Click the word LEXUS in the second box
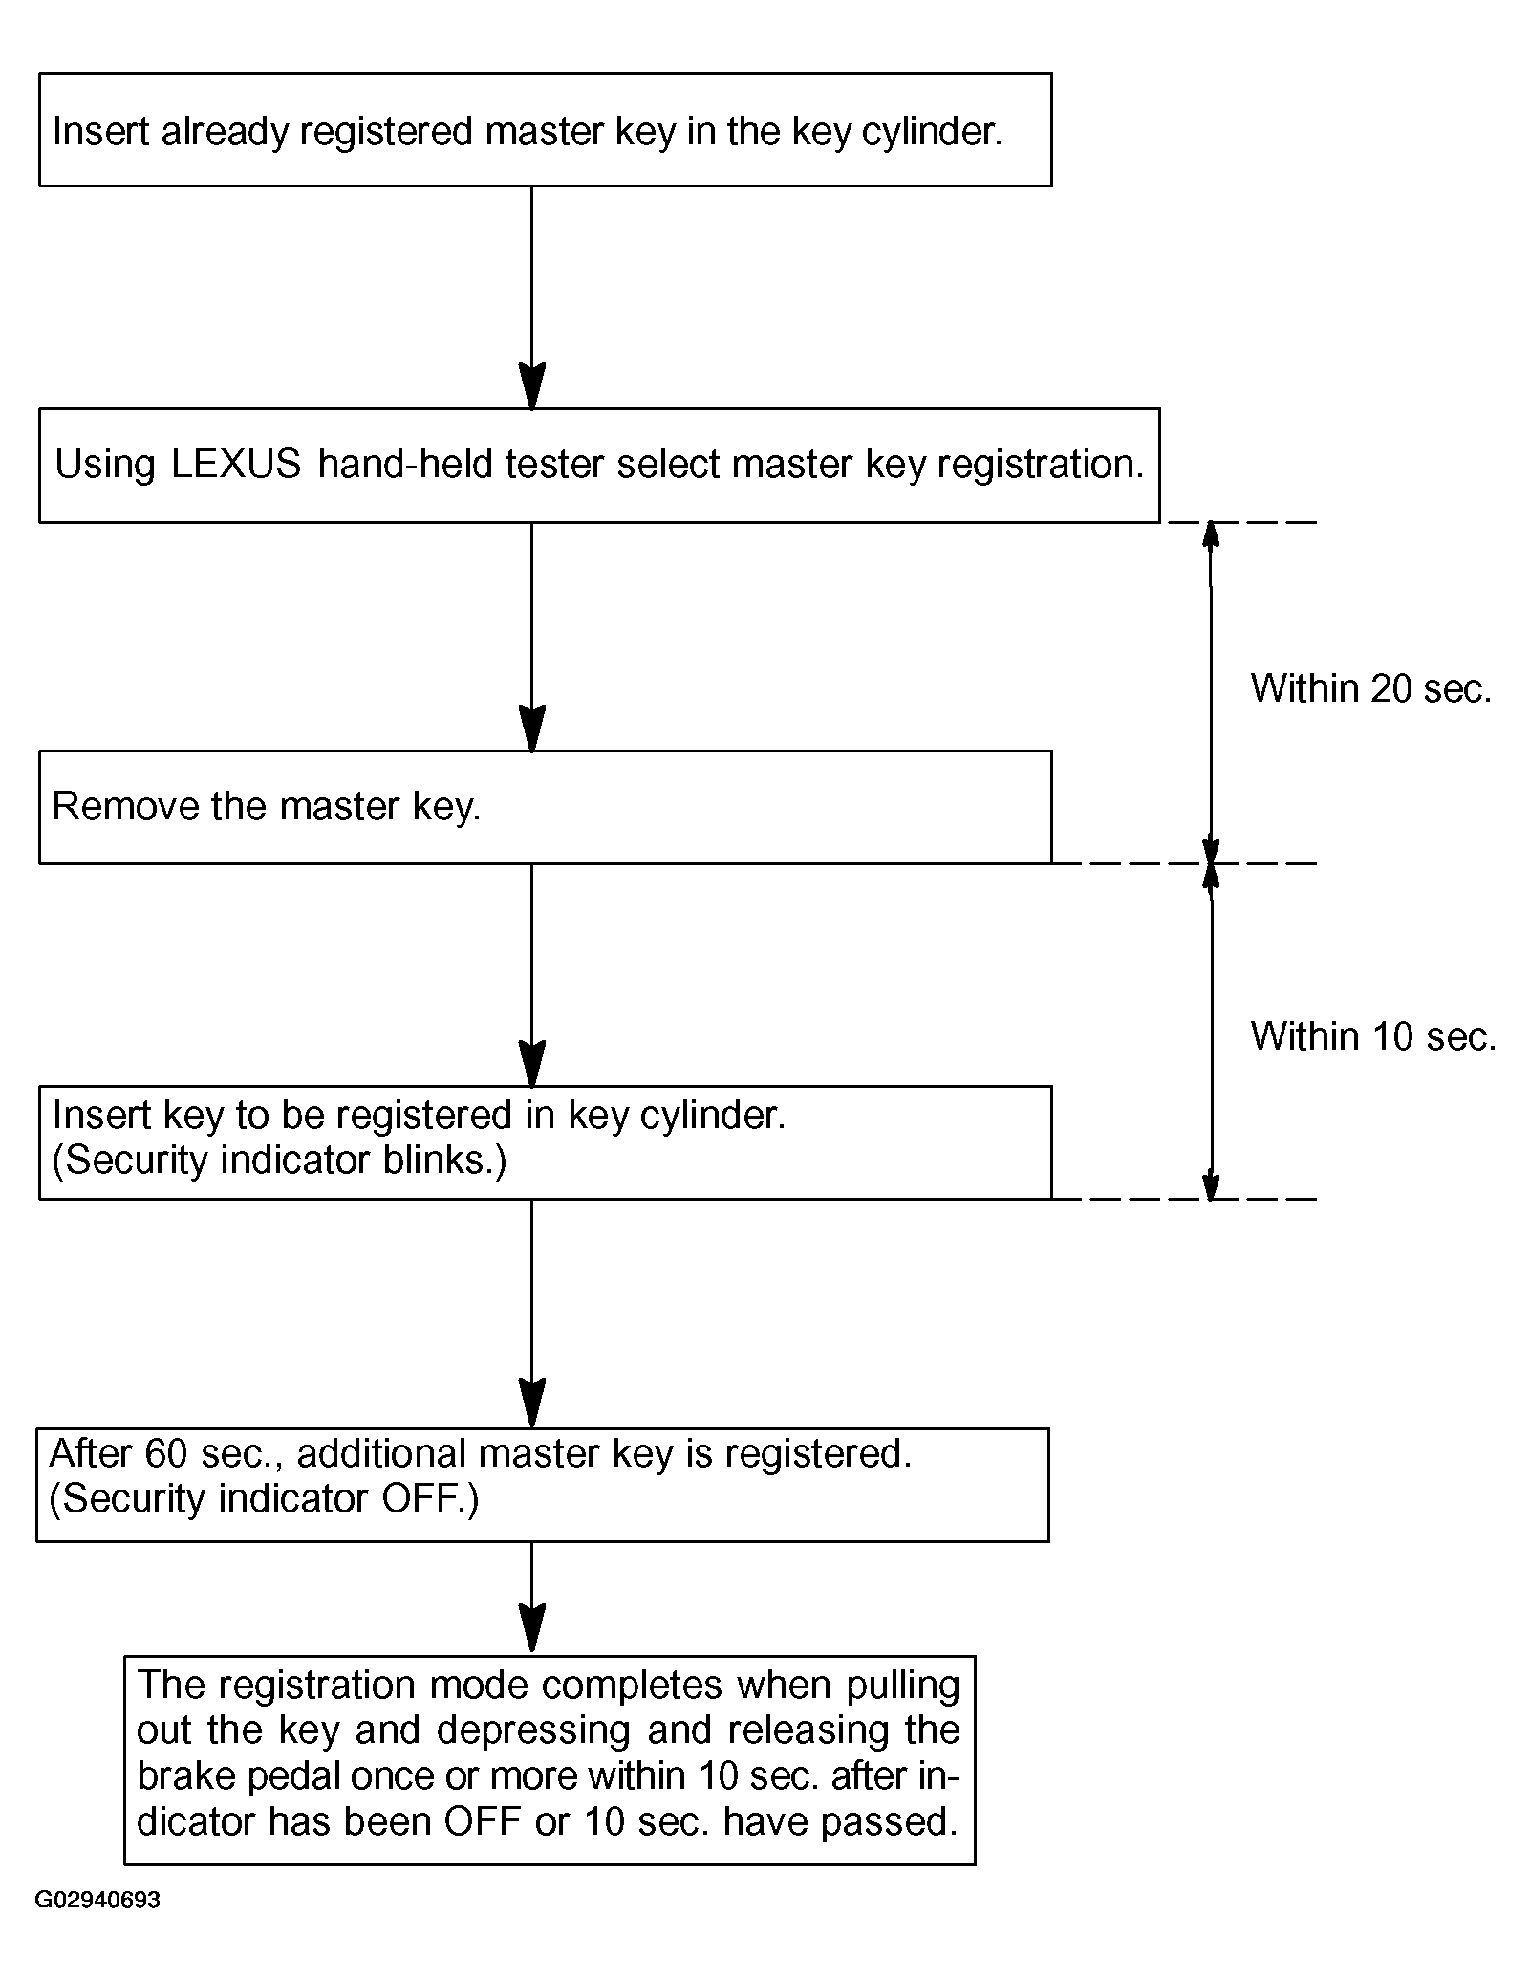tap(236, 465)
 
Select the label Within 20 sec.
tap(1370, 688)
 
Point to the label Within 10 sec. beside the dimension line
tap(1373, 1036)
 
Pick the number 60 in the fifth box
tap(167, 1454)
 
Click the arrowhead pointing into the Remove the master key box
tap(531, 729)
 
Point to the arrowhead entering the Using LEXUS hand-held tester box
tap(531, 386)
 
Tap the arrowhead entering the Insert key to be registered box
tap(531, 1063)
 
